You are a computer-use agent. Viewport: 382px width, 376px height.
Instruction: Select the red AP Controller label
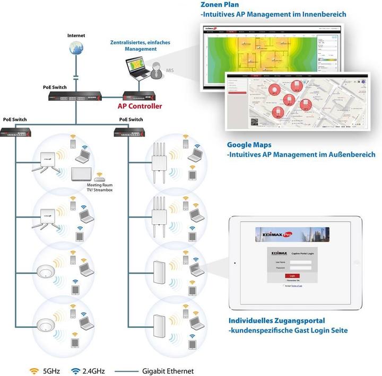[x=139, y=105]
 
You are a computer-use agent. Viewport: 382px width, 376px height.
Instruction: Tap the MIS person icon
[x=157, y=69]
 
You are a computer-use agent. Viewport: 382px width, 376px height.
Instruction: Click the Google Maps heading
[x=249, y=144]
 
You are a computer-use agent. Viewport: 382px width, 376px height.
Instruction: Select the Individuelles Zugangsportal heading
[x=276, y=321]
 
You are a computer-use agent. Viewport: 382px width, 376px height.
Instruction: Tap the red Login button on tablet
[x=291, y=276]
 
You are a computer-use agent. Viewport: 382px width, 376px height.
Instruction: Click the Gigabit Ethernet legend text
[x=168, y=371]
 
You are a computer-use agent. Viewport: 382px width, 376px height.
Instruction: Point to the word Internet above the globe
[x=76, y=35]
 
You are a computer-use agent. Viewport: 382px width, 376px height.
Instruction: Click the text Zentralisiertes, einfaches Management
[x=133, y=45]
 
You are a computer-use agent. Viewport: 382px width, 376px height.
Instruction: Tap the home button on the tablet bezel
[x=235, y=262]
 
